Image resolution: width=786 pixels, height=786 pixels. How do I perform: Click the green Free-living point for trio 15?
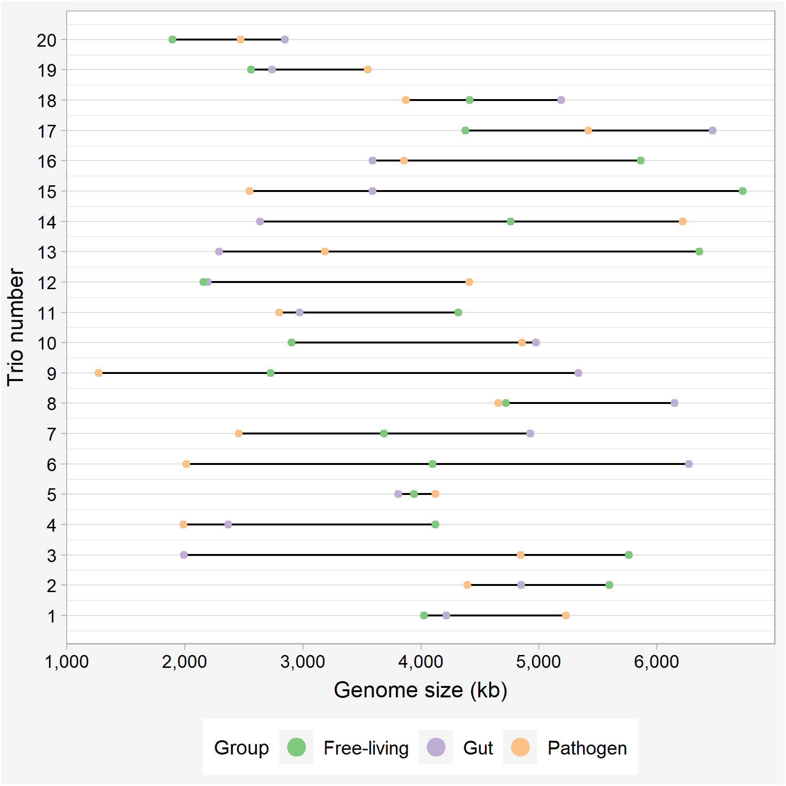[x=742, y=191]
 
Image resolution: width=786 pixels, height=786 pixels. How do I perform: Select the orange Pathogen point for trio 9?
[x=99, y=373]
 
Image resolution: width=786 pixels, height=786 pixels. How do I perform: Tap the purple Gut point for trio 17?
[x=712, y=131]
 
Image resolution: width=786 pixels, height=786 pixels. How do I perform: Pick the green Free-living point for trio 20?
[x=172, y=40]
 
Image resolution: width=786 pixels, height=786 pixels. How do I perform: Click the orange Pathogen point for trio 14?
[x=682, y=222]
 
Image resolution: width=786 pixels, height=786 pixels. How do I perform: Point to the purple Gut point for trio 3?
[x=184, y=555]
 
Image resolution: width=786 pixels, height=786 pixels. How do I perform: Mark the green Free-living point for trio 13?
[x=699, y=252]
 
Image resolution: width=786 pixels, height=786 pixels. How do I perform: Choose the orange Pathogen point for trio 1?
[x=565, y=615]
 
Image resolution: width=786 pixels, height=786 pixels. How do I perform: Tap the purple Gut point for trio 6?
[x=688, y=464]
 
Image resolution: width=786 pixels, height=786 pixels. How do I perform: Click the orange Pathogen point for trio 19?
[x=367, y=70]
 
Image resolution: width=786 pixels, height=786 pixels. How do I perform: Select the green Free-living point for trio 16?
[x=640, y=161]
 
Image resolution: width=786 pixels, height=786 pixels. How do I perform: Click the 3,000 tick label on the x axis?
[x=302, y=662]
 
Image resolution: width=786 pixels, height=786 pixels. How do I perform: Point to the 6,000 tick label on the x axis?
[x=656, y=662]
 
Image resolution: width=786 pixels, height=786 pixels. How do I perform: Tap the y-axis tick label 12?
[x=47, y=282]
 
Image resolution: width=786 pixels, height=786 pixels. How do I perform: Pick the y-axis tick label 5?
[x=51, y=495]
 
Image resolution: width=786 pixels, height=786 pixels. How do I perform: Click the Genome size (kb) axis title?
[x=420, y=690]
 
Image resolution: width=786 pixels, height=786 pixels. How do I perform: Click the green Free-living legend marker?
[x=296, y=747]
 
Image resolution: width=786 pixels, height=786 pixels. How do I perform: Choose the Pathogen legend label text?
[x=587, y=748]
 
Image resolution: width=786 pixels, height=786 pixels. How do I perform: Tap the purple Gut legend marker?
[x=436, y=747]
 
